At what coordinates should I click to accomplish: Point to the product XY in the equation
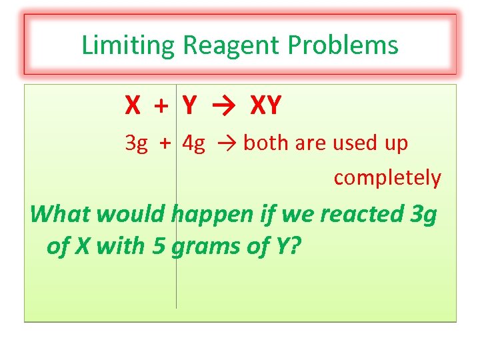(x=265, y=105)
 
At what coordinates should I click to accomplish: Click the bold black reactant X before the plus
(x=133, y=105)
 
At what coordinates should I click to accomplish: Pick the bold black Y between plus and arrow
(x=189, y=105)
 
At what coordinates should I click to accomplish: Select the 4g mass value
(x=193, y=143)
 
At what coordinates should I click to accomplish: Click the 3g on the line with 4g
(x=136, y=143)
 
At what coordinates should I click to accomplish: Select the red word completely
(x=387, y=178)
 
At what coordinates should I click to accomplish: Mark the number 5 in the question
(x=159, y=245)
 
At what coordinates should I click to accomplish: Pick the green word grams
(x=203, y=247)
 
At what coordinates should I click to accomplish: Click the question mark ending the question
(x=295, y=245)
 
